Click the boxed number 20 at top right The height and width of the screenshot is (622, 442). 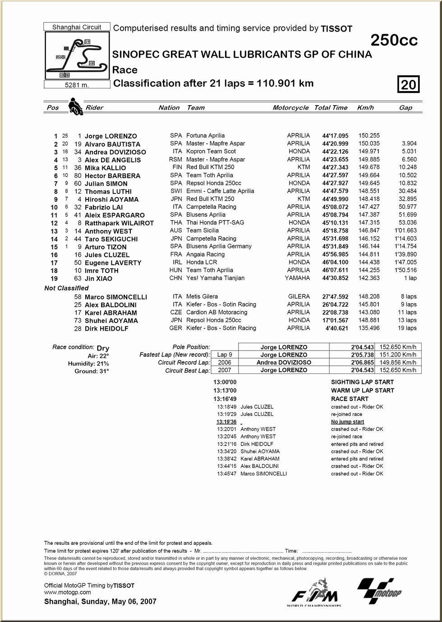(408, 84)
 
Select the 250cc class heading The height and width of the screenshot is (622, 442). (394, 41)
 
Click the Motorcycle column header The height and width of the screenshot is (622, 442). (290, 108)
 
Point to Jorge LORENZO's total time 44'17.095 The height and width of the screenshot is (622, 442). (335, 136)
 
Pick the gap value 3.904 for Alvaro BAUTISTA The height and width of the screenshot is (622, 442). (409, 143)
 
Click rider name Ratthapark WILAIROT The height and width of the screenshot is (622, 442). (119, 223)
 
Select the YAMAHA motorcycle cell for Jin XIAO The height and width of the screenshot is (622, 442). (297, 278)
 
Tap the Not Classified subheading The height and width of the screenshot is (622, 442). (66, 288)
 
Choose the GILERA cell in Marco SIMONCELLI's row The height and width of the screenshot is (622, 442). (299, 297)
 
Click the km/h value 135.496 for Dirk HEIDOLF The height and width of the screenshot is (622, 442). (369, 328)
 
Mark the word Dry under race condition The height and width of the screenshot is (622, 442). (103, 348)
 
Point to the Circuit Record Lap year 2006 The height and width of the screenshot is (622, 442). (224, 363)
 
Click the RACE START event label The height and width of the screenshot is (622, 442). (350, 399)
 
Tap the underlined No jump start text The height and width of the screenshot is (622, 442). (347, 422)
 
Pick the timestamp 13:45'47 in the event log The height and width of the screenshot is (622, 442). (227, 474)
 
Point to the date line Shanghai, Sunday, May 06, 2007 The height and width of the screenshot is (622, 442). (100, 602)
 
